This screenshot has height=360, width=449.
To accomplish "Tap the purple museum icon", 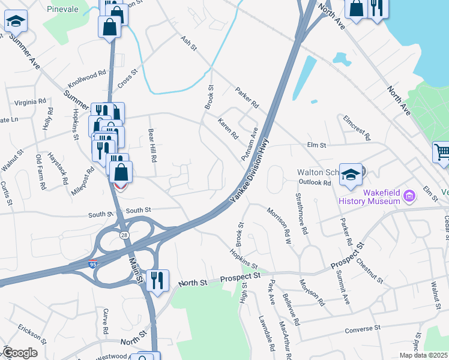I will click(x=410, y=196).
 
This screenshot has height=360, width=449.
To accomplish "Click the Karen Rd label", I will click(x=228, y=127).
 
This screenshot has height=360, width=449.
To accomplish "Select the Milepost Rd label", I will click(x=83, y=178).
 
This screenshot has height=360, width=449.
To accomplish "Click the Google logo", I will click(x=20, y=353).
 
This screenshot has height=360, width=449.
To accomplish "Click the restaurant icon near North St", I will click(x=157, y=280).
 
